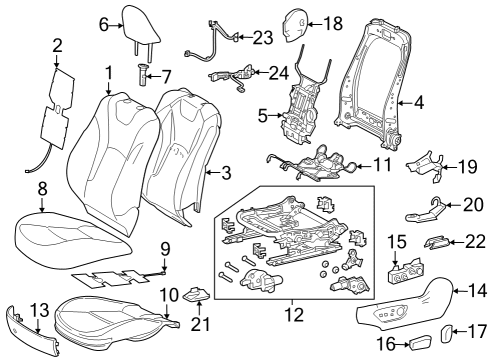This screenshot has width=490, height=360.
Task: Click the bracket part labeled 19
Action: [x=426, y=165]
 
